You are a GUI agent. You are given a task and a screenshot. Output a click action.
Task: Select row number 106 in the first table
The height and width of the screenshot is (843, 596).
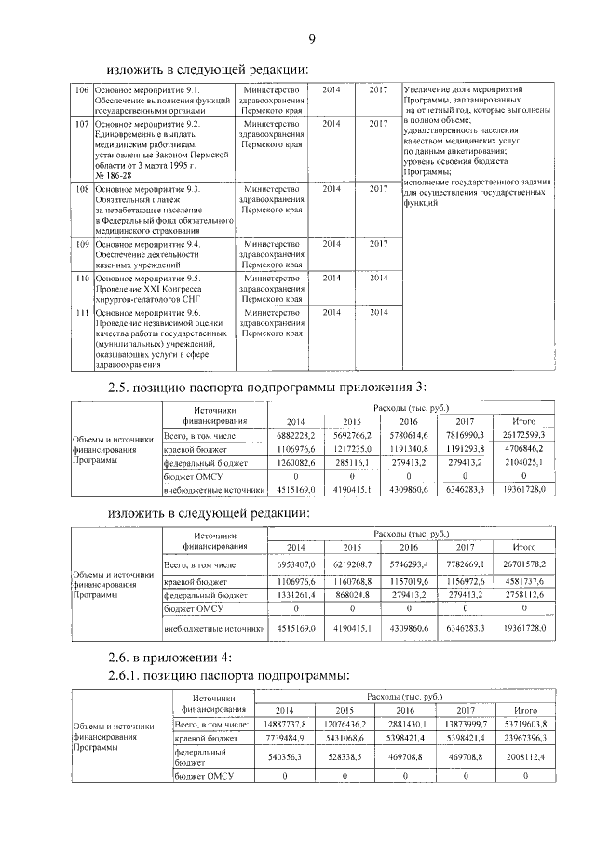(81, 89)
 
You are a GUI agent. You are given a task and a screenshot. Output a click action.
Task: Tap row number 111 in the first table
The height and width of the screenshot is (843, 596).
(81, 313)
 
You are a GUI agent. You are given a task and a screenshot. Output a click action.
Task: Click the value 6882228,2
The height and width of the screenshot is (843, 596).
(295, 435)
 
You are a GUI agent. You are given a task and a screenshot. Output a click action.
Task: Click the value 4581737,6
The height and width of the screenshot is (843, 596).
(523, 580)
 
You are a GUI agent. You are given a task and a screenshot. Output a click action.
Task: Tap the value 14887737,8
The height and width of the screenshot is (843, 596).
(295, 724)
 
